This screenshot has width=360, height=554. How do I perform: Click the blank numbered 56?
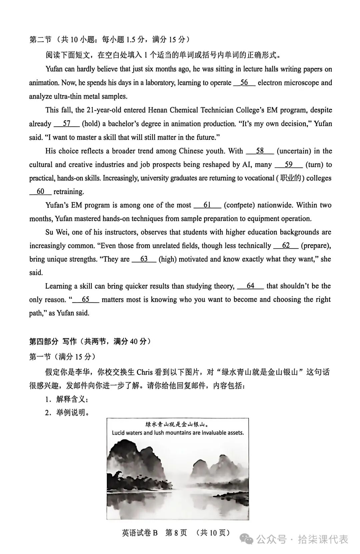[x=244, y=83]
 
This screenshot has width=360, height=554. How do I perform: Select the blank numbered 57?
[x=67, y=124]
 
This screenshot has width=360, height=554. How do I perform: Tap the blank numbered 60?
[x=40, y=191]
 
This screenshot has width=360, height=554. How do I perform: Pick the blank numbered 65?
[x=85, y=300]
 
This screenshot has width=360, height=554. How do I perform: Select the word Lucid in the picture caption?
[x=118, y=433]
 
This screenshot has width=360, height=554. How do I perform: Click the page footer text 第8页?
[x=176, y=533]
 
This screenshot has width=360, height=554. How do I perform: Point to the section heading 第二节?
[x=40, y=40]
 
